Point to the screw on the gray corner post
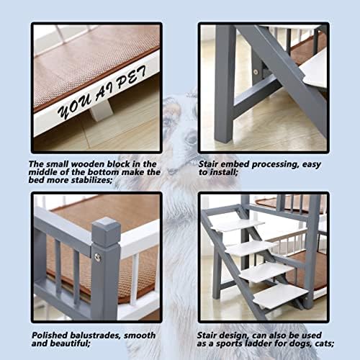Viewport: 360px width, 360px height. click(x=97, y=257)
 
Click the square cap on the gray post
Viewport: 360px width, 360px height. click(x=106, y=232)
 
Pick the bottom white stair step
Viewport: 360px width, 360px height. click(x=281, y=296)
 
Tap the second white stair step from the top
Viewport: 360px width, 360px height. click(x=251, y=248)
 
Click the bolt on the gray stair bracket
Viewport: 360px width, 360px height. click(x=256, y=72)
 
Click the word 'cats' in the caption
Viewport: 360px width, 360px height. click(x=324, y=343)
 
